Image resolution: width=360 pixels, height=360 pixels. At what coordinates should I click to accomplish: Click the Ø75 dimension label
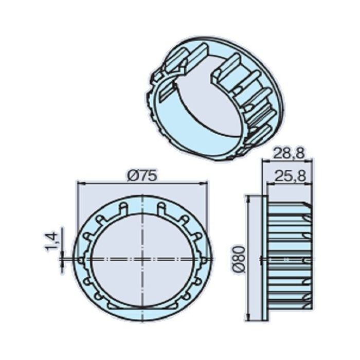tap(141, 175)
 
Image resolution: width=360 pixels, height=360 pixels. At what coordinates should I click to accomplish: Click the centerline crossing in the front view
tap(142, 257)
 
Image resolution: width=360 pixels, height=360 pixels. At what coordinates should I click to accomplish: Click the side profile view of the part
tap(288, 257)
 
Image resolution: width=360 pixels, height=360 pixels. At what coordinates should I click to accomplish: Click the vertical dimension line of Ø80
tap(249, 231)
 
